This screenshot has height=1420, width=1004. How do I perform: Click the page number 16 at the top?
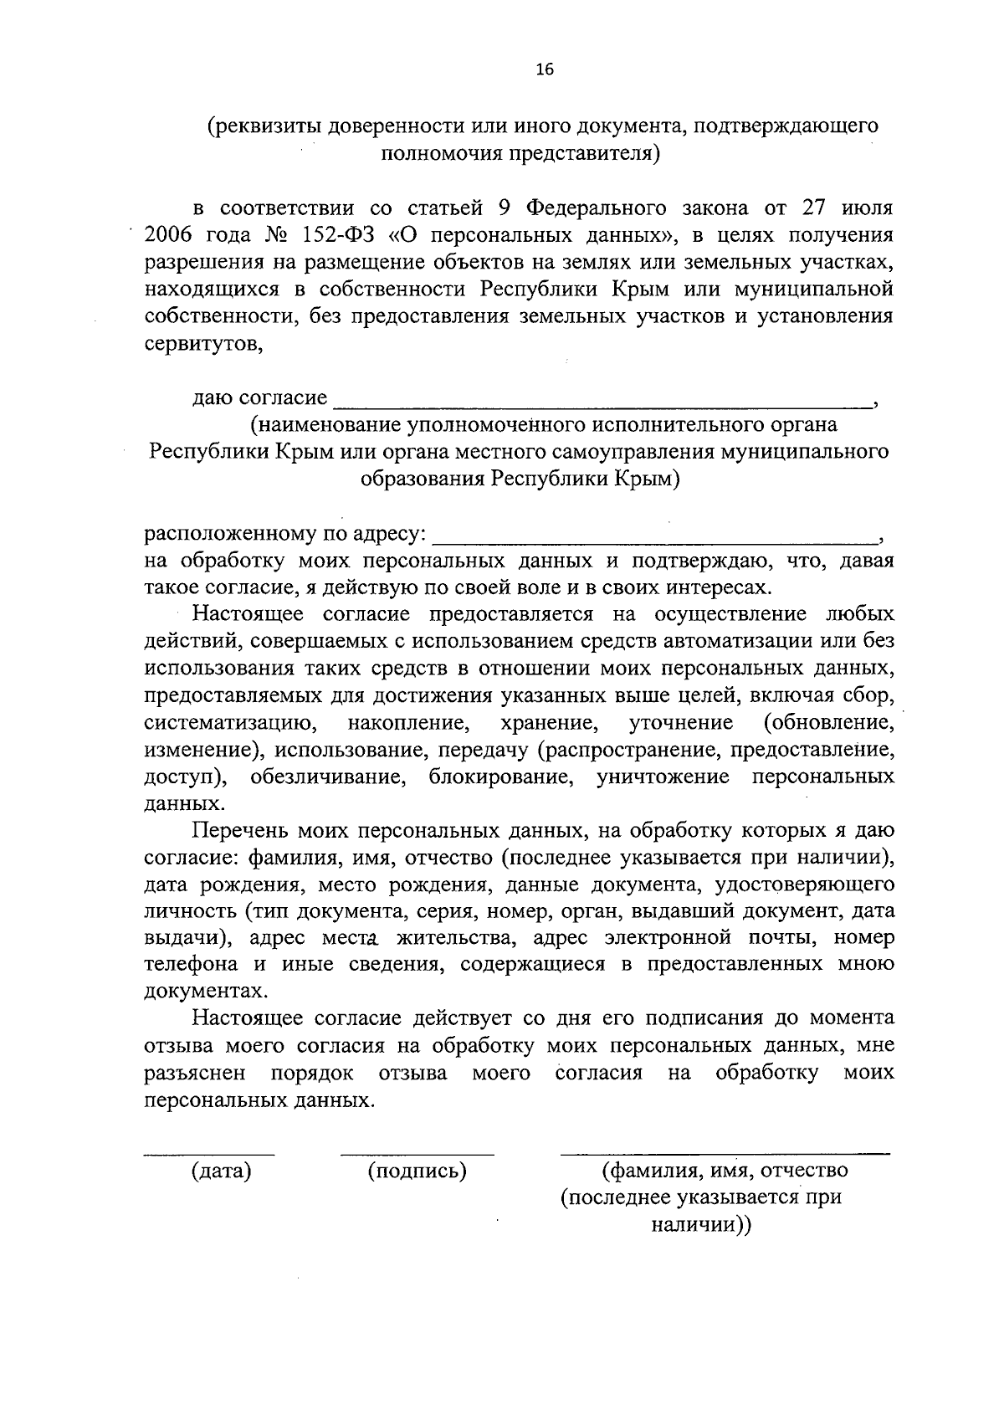pyautogui.click(x=545, y=70)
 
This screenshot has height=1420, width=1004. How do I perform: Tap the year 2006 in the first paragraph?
pyautogui.click(x=170, y=235)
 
